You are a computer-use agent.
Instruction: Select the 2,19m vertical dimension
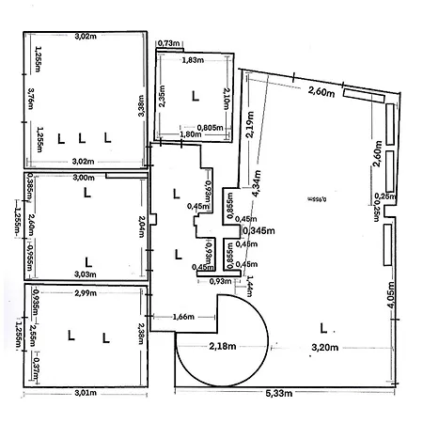(x=250, y=124)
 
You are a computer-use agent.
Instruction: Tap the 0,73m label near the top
(x=169, y=43)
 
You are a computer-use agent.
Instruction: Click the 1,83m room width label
(x=193, y=60)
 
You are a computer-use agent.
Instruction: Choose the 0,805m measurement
(x=210, y=128)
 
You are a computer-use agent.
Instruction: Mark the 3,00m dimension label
(x=83, y=178)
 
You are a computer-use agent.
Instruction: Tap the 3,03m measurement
(x=83, y=274)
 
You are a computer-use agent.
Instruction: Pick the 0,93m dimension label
(x=219, y=281)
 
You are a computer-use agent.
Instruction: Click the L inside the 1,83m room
(x=195, y=95)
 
